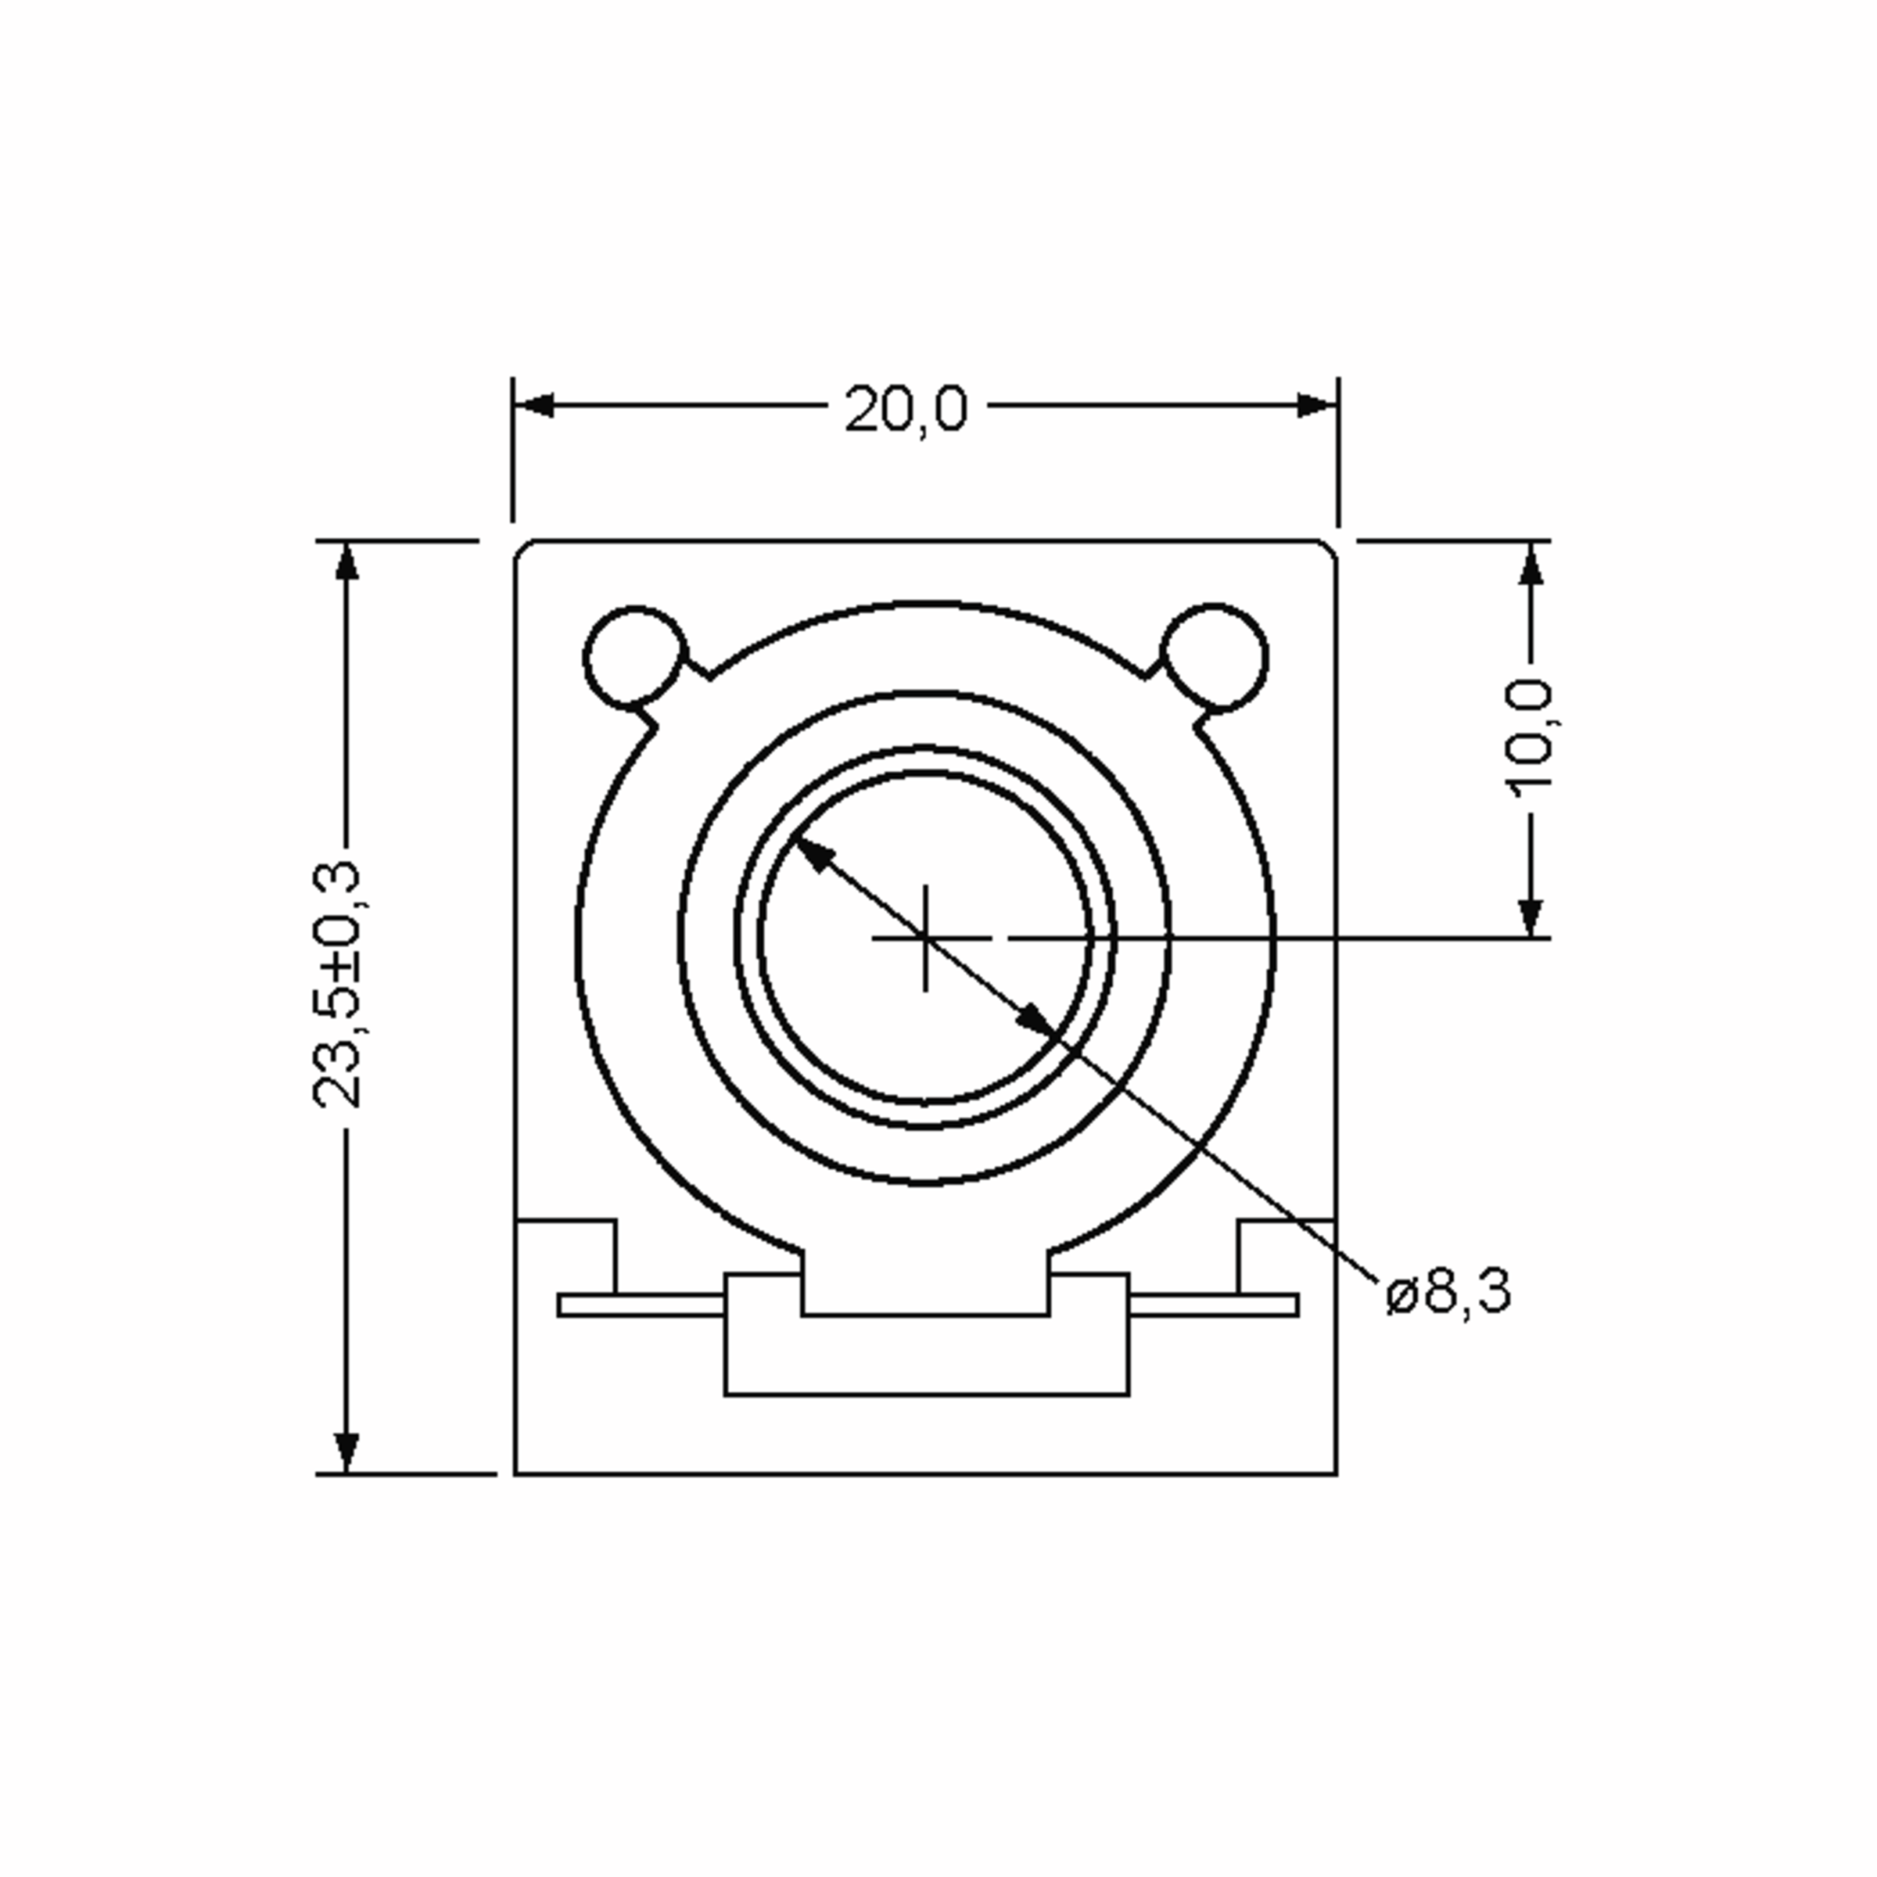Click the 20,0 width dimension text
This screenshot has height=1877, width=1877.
click(x=906, y=409)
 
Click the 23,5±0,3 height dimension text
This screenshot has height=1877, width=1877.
click(x=337, y=984)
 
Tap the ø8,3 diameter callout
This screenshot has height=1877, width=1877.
click(x=1448, y=1293)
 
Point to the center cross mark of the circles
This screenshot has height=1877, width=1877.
click(x=925, y=938)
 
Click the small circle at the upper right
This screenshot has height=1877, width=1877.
click(x=1215, y=657)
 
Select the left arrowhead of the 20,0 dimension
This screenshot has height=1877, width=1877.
click(x=533, y=405)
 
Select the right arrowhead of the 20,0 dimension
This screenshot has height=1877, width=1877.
click(x=1317, y=405)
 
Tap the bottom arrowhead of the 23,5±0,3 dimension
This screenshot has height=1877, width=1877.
click(x=346, y=1452)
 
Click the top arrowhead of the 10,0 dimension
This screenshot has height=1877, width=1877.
click(x=1531, y=563)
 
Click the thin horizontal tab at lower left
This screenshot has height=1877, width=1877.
click(x=641, y=1305)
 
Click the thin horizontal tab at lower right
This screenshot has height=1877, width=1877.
click(x=1215, y=1305)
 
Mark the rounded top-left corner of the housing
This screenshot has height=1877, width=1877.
click(x=522, y=550)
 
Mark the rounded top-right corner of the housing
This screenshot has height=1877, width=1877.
click(x=1328, y=550)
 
